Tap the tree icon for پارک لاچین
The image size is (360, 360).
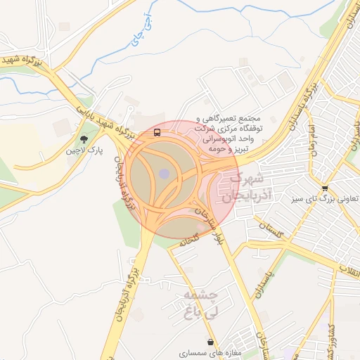click(84, 139)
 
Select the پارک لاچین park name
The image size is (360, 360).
click(82, 151)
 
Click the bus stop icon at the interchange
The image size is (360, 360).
click(156, 131)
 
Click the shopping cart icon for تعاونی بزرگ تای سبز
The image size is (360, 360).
click(324, 188)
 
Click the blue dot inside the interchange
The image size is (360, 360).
click(164, 173)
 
